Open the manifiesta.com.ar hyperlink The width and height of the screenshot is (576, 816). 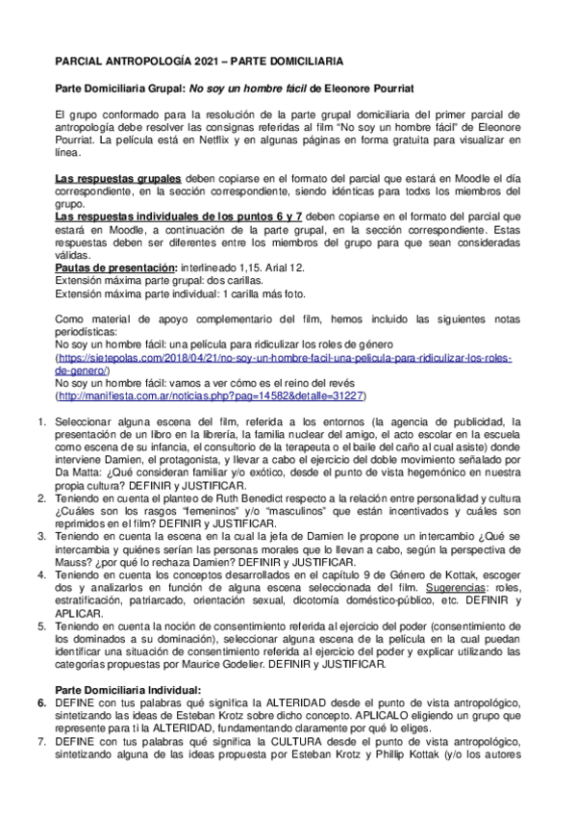[211, 395]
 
